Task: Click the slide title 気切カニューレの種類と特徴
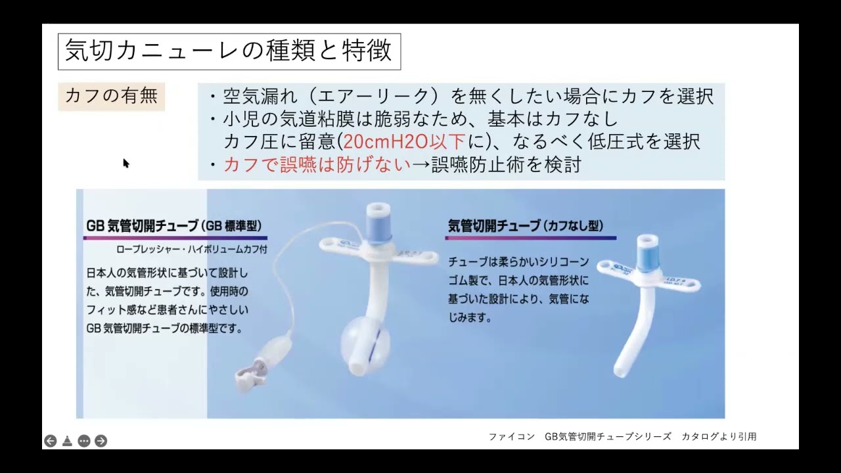229,51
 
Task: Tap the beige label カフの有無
111,97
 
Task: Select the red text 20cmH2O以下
404,142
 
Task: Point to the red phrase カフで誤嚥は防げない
317,164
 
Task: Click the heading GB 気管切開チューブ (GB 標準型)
174,225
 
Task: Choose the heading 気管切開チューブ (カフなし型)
526,225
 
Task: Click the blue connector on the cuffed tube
378,224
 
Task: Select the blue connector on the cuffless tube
648,254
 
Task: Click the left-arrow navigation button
51,441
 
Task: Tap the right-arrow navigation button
101,441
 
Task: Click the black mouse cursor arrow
125,164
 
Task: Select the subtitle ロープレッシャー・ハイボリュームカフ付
191,249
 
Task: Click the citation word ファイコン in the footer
511,437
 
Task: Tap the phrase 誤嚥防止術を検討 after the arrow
507,164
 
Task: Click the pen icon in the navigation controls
67,441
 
